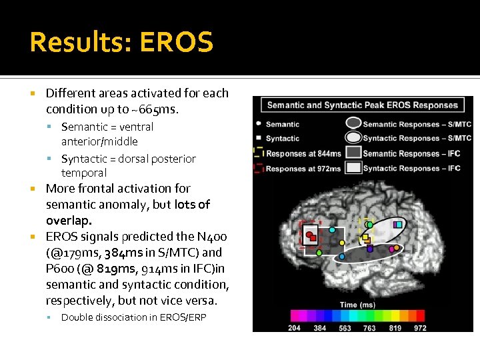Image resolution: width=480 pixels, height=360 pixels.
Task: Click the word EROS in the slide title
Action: [177, 43]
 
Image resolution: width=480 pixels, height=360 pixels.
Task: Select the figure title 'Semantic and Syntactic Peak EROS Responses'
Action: [362, 105]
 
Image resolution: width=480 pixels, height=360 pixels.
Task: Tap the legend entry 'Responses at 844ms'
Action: [303, 153]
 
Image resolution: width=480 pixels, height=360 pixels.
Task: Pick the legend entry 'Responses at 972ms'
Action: [303, 168]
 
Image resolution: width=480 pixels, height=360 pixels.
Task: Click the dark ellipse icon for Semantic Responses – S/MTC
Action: [353, 124]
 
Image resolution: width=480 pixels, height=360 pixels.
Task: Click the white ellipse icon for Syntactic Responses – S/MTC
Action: [353, 139]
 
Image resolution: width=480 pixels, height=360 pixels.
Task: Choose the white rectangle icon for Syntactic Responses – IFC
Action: [353, 168]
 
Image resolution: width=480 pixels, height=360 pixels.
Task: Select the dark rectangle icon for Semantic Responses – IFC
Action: [353, 153]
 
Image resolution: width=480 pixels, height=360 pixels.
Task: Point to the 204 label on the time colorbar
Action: [294, 327]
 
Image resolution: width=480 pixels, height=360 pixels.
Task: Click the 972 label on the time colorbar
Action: [420, 327]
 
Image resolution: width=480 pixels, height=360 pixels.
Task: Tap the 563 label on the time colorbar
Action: [345, 327]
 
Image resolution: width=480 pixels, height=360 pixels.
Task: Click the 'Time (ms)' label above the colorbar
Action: [357, 305]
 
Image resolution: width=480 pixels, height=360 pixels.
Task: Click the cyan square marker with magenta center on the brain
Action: [398, 225]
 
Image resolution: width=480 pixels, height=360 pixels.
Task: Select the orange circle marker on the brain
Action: [394, 249]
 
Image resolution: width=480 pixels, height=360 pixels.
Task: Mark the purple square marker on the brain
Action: [370, 249]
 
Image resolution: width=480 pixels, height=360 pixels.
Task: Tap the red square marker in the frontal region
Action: [311, 235]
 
